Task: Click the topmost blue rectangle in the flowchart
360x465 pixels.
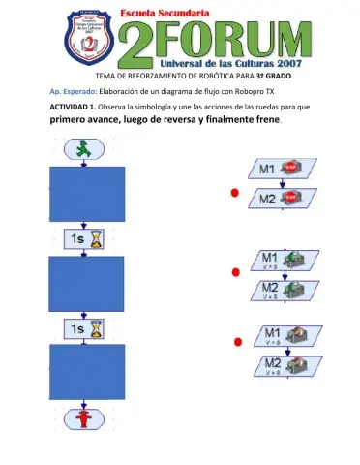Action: (86, 194)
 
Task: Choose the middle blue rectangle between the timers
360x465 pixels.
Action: (86, 284)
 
